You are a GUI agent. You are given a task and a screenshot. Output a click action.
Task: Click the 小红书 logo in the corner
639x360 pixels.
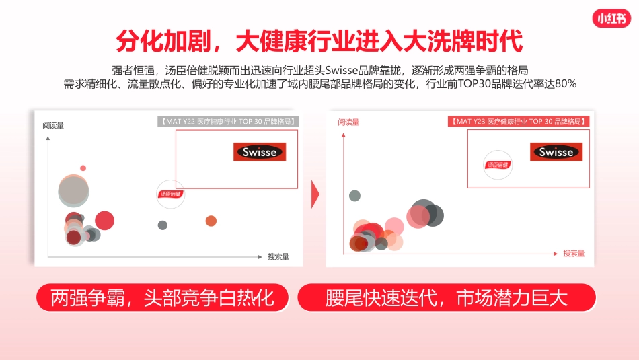point(612,19)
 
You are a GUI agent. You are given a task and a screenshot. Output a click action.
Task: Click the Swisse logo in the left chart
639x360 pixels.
point(260,152)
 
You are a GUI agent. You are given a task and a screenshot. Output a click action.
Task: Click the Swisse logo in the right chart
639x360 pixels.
point(556,152)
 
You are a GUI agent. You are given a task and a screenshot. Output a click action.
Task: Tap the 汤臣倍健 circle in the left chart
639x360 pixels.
point(171,194)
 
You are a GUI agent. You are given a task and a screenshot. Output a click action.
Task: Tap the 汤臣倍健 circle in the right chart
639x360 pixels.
point(498,164)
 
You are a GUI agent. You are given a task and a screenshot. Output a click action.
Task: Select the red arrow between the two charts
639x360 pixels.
point(315,194)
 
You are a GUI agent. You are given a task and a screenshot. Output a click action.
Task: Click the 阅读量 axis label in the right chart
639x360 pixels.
point(348,122)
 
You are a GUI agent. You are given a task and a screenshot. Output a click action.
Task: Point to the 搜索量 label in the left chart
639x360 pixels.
point(278,256)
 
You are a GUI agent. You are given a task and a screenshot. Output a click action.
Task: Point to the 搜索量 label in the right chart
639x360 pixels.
point(574,254)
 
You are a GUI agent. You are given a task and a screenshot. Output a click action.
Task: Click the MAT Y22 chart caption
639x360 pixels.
point(229,122)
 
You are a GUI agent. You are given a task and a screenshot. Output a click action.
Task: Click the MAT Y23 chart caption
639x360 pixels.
point(519,122)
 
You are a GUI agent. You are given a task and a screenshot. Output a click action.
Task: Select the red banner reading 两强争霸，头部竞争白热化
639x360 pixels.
point(162,297)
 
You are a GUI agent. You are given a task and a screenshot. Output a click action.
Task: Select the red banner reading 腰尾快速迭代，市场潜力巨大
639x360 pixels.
point(447,297)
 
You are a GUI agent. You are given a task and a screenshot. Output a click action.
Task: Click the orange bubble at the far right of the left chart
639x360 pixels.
point(211,221)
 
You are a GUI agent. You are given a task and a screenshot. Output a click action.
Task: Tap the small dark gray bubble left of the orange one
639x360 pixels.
point(163,225)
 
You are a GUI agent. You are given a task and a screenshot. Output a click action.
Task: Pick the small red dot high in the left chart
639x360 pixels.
point(83,168)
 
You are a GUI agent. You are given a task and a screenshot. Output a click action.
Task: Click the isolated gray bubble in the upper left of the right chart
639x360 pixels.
point(354,196)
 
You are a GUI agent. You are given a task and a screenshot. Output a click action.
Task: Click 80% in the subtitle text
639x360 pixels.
point(566,84)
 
